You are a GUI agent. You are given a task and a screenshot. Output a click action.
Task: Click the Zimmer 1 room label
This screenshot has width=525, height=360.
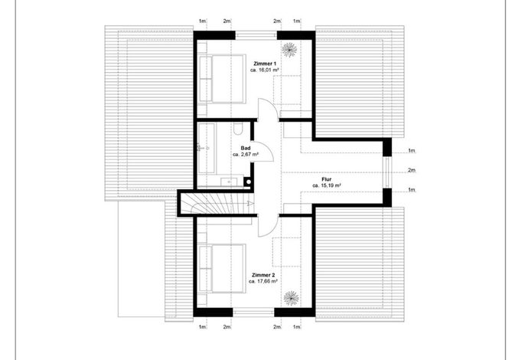pyautogui.click(x=265, y=64)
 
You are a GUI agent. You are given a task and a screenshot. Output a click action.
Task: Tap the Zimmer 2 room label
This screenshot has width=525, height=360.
pyautogui.click(x=263, y=275)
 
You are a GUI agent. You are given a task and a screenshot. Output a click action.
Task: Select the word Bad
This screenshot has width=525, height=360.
pyautogui.click(x=246, y=148)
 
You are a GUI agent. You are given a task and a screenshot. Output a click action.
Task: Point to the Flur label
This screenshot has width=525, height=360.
pyautogui.click(x=327, y=179)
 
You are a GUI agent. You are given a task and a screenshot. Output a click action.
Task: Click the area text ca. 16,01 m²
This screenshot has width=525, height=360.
pyautogui.click(x=265, y=70)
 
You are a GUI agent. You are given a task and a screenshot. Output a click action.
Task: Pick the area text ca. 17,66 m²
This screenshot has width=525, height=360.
pyautogui.click(x=263, y=282)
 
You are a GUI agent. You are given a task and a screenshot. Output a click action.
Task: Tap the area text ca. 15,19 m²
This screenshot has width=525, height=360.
pyautogui.click(x=327, y=185)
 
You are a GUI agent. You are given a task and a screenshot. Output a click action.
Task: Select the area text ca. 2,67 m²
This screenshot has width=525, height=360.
pyautogui.click(x=246, y=155)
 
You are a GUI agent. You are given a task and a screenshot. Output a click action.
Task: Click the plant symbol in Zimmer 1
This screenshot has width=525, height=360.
pyautogui.click(x=289, y=50)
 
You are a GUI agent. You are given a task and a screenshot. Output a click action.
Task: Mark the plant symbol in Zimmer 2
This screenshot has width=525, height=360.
pyautogui.click(x=291, y=298)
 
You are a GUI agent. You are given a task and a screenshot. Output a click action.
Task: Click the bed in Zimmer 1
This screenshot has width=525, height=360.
pyautogui.click(x=222, y=79)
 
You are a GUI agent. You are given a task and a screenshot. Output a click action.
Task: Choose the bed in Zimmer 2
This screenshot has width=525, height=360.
pyautogui.click(x=222, y=269)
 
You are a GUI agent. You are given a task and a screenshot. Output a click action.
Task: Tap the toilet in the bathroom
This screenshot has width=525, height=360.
pyautogui.click(x=238, y=129)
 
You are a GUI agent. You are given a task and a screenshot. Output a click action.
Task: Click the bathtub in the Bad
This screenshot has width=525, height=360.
pyautogui.click(x=207, y=148)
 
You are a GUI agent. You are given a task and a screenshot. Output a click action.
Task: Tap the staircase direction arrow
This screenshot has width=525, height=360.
pyautogui.click(x=249, y=203)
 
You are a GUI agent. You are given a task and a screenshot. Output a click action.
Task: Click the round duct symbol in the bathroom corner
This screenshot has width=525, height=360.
pyautogui.click(x=249, y=182)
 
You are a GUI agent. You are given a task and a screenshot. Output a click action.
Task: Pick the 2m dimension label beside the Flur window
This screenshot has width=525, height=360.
pyautogui.click(x=412, y=170)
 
